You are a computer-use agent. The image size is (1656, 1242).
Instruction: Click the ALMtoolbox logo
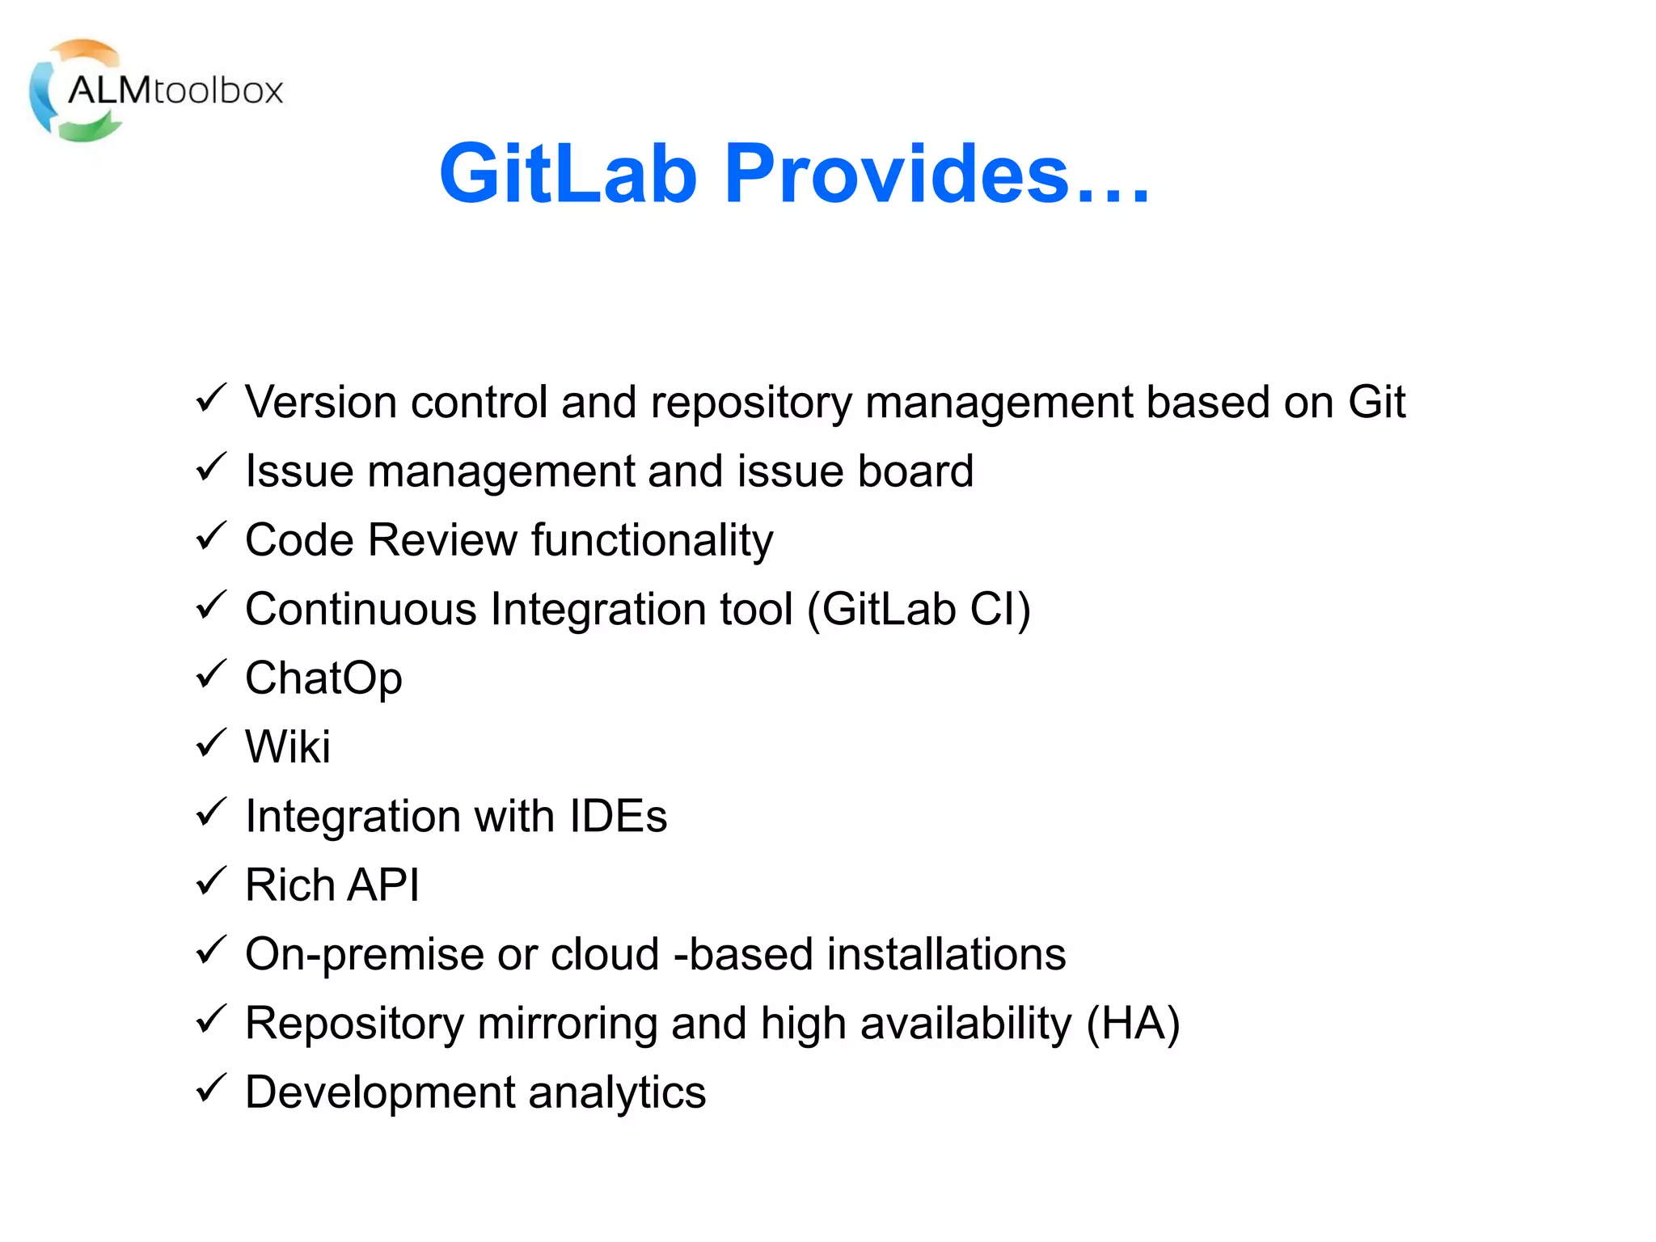click(x=156, y=90)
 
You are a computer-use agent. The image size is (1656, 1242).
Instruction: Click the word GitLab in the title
click(x=568, y=173)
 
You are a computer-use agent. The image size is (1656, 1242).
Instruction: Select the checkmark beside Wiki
click(x=211, y=742)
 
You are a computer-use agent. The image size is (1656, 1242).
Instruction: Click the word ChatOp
click(x=323, y=678)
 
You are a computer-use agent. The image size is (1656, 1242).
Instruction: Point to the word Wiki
click(x=288, y=746)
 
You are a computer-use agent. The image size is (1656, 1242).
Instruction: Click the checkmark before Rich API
click(x=211, y=881)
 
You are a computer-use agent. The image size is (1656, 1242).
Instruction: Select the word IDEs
click(x=618, y=816)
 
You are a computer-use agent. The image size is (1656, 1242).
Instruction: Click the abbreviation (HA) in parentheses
click(x=1133, y=1023)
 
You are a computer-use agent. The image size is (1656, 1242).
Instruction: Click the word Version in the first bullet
click(x=321, y=402)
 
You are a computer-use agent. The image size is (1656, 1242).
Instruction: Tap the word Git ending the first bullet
click(x=1376, y=402)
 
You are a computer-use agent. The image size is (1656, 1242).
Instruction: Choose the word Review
click(x=443, y=539)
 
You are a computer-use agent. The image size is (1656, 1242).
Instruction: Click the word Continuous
click(x=361, y=609)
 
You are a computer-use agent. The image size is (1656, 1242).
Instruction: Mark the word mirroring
click(x=567, y=1023)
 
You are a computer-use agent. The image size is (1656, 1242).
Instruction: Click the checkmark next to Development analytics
click(x=211, y=1088)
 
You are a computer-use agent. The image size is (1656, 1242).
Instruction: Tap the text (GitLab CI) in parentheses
click(x=919, y=609)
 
